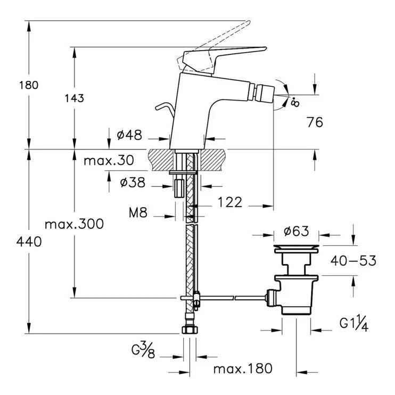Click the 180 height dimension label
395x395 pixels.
[x=29, y=85]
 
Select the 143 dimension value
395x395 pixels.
[x=75, y=98]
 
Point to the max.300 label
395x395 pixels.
[x=74, y=224]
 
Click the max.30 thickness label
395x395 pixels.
[x=108, y=160]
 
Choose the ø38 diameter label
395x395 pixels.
[x=133, y=183]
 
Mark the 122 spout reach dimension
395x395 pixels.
[x=229, y=202]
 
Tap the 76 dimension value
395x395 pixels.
[x=315, y=122]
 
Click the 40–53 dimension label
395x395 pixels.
[x=353, y=260]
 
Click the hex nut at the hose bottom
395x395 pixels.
[x=190, y=331]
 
